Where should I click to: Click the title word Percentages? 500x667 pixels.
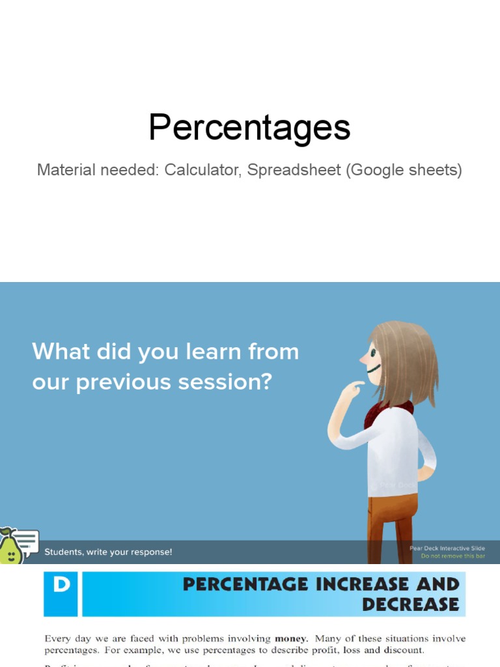(249, 128)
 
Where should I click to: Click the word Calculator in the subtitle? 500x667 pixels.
(202, 171)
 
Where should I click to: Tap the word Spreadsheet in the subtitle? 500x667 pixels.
(294, 171)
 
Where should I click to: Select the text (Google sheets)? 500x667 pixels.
(404, 171)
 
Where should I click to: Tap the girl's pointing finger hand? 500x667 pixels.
(352, 389)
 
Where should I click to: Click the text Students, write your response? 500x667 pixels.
(108, 552)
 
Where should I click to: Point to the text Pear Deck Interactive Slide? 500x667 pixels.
(447, 548)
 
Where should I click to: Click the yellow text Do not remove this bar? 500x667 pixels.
(452, 556)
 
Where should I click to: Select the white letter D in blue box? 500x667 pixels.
(61, 585)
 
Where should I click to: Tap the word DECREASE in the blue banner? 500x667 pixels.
(410, 604)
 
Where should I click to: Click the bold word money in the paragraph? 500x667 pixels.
(291, 639)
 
